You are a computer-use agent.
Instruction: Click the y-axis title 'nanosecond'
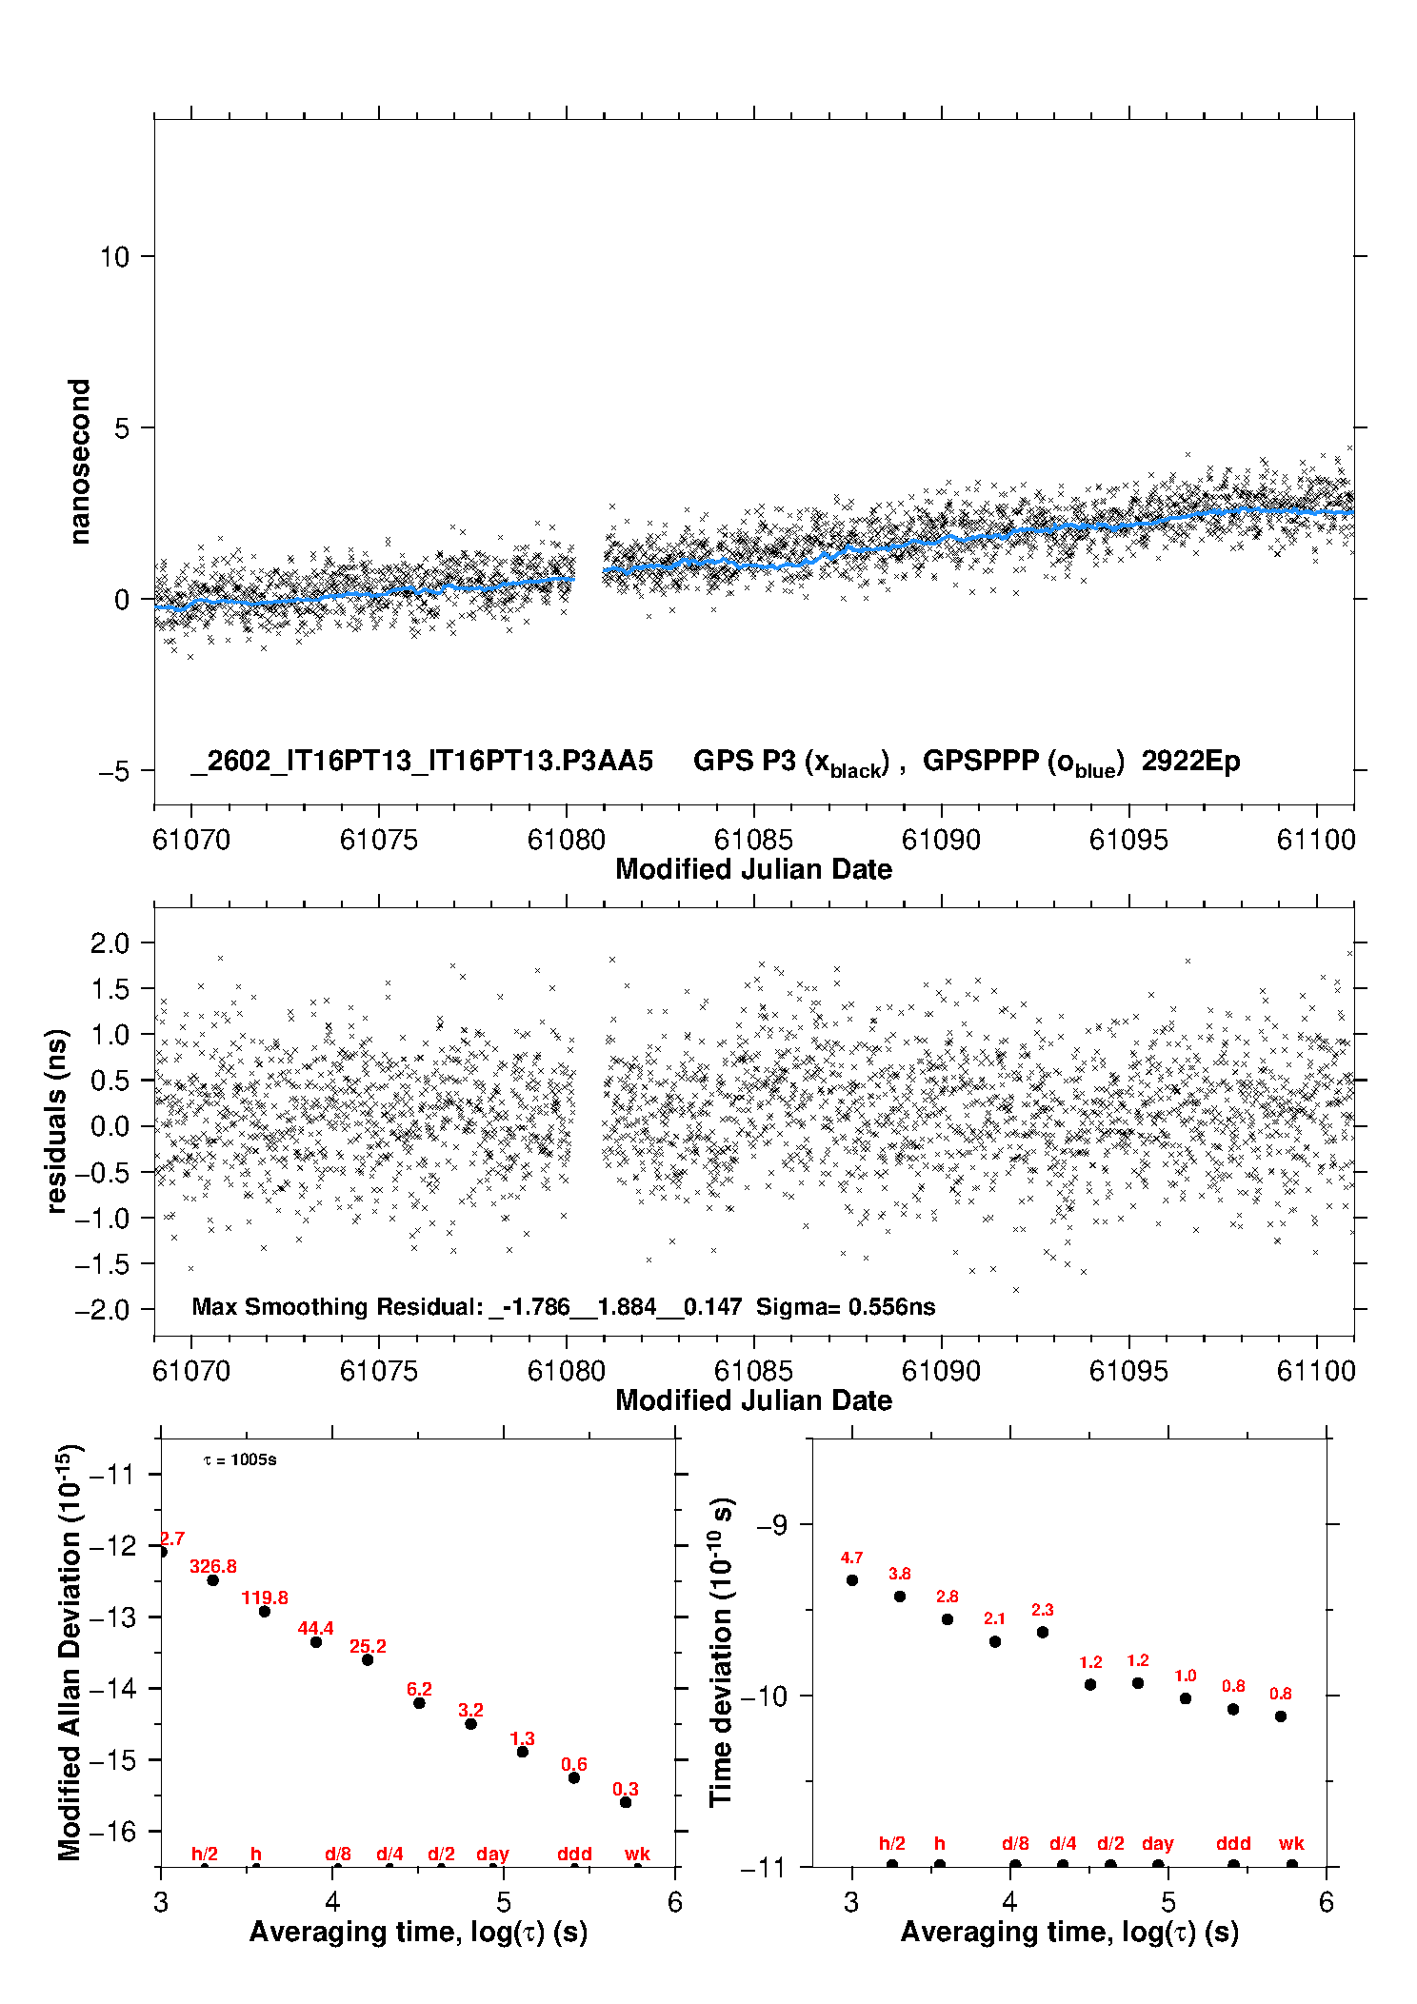pyautogui.click(x=80, y=462)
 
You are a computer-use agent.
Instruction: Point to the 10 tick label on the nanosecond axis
pyautogui.click(x=114, y=257)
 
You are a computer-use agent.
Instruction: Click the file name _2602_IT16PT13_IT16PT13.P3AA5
pyautogui.click(x=422, y=762)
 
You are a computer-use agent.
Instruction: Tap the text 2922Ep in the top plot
pyautogui.click(x=1190, y=762)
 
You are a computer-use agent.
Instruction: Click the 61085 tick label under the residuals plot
pyautogui.click(x=753, y=1371)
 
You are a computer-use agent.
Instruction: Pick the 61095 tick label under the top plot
pyautogui.click(x=1128, y=840)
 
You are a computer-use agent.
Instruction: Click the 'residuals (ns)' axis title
pyautogui.click(x=57, y=1121)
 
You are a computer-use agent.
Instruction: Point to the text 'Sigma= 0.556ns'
pyautogui.click(x=846, y=1307)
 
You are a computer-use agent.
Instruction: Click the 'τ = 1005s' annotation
pyautogui.click(x=240, y=1460)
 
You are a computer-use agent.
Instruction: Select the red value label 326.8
pyautogui.click(x=213, y=1566)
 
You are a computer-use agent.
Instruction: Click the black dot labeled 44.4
pyautogui.click(x=316, y=1642)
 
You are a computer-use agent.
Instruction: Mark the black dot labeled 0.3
pyautogui.click(x=626, y=1802)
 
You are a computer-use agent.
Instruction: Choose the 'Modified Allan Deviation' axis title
pyautogui.click(x=70, y=1652)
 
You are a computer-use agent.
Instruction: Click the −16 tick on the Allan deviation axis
pyautogui.click(x=112, y=1831)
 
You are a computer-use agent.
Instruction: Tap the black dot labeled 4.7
pyautogui.click(x=852, y=1580)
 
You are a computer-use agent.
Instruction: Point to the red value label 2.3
pyautogui.click(x=1043, y=1610)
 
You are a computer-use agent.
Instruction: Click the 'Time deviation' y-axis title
pyautogui.click(x=722, y=1653)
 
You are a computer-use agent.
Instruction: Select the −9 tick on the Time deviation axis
pyautogui.click(x=771, y=1525)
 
